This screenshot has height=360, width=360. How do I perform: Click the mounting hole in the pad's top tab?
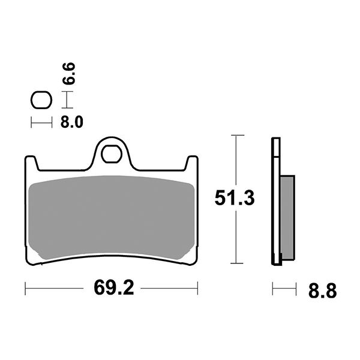112,152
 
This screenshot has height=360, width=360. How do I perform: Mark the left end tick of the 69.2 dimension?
25,289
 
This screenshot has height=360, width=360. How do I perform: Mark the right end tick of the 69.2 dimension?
199,289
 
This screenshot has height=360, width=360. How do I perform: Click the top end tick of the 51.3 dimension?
238,136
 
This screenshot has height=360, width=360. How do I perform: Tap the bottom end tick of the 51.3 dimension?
238,263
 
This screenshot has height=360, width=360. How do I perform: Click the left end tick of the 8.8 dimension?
273,289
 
